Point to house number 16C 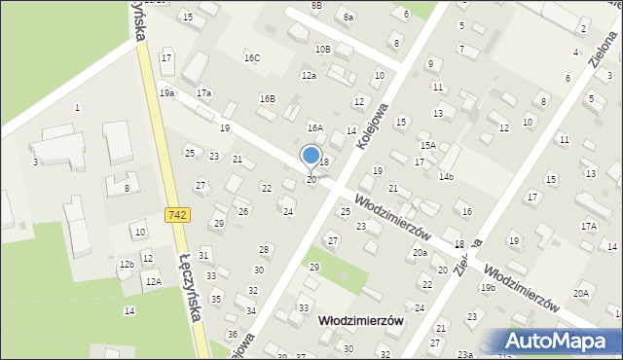click(252, 58)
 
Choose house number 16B click(267, 98)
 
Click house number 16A click(314, 127)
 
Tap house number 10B click(322, 49)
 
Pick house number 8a click(348, 18)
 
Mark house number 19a click(166, 92)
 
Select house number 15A click(427, 145)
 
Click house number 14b click(446, 176)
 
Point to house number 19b click(488, 287)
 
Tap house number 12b click(127, 264)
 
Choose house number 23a click(465, 354)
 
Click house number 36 click(232, 334)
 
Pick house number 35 click(216, 299)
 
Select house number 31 click(203, 255)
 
